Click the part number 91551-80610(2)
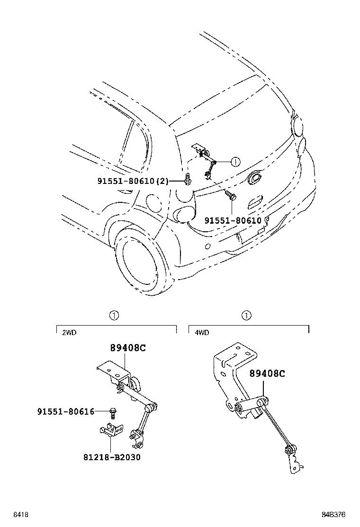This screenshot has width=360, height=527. click(x=139, y=181)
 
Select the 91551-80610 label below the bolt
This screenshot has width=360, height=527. click(x=233, y=220)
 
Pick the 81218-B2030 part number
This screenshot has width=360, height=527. click(x=112, y=457)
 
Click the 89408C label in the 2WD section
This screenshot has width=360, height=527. click(x=127, y=348)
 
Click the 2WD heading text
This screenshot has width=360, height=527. click(x=69, y=333)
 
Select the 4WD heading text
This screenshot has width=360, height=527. click(x=201, y=333)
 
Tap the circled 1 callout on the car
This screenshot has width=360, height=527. click(x=235, y=162)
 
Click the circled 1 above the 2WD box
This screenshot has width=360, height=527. click(x=114, y=315)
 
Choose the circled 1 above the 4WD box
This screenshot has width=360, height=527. click(x=246, y=315)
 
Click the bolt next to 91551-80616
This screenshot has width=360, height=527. click(x=113, y=412)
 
